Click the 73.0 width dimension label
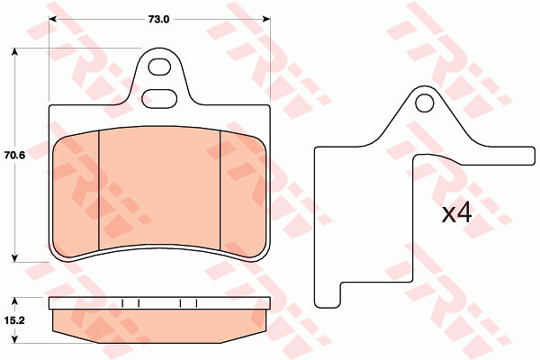pyautogui.click(x=158, y=19)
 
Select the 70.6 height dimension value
pyautogui.click(x=14, y=156)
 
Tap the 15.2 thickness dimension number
pyautogui.click(x=14, y=320)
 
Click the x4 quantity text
pyautogui.click(x=456, y=213)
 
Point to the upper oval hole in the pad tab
pyautogui.click(x=160, y=67)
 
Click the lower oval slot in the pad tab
pyautogui.click(x=159, y=98)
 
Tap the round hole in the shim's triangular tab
pyautogui.click(x=424, y=103)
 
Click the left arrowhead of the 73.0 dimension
pyautogui.click(x=53, y=19)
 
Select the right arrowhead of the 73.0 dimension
pyautogui.click(x=266, y=19)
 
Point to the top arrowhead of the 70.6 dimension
pyautogui.click(x=14, y=51)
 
